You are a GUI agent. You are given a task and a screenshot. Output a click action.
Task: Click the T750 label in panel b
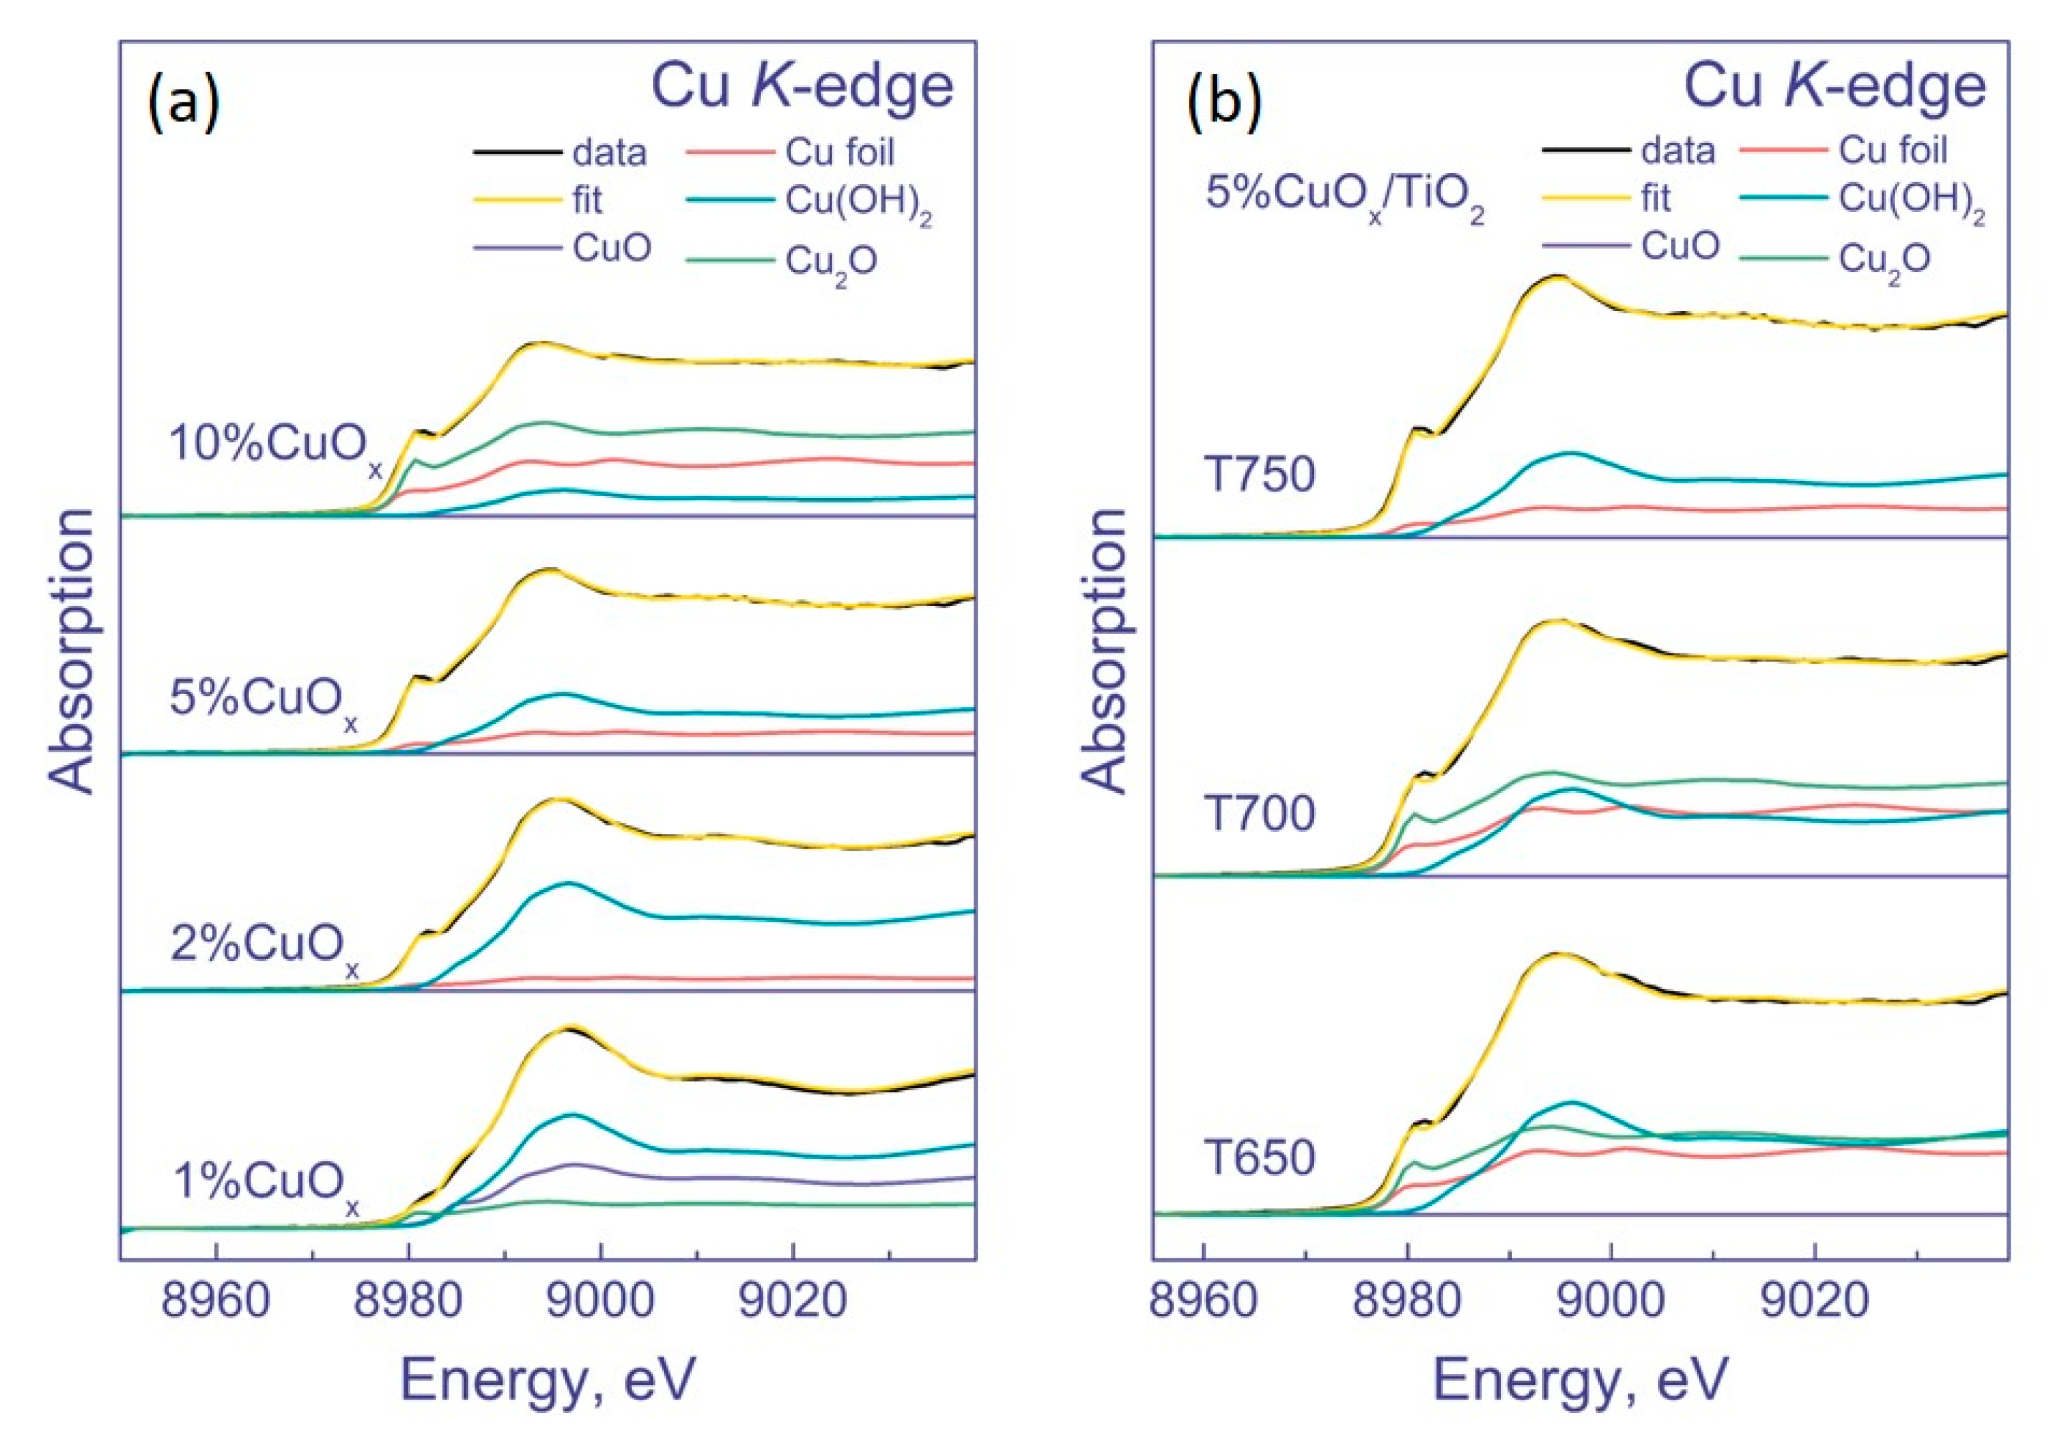click(x=1259, y=475)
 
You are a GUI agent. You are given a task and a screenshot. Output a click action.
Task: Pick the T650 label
click(x=1259, y=1159)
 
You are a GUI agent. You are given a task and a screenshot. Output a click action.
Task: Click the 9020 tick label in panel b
click(x=1814, y=1302)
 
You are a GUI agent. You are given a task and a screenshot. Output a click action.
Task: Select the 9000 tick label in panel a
click(x=601, y=1302)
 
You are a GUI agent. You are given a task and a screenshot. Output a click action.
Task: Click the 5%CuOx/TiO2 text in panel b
click(x=1344, y=197)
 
